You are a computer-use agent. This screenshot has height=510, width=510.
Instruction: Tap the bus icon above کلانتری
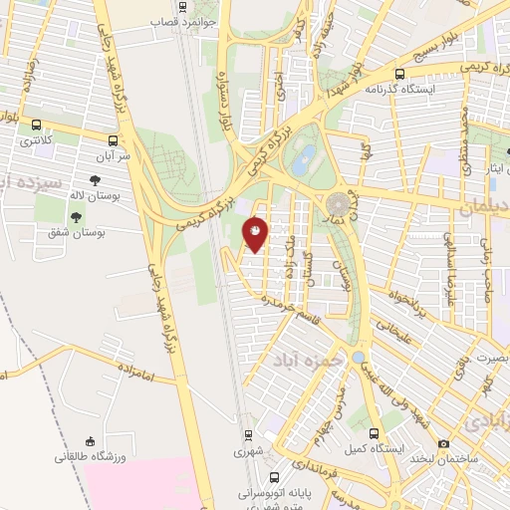37,126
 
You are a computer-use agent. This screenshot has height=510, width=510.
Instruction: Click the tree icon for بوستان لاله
95,181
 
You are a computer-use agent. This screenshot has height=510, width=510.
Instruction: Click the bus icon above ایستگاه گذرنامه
399,73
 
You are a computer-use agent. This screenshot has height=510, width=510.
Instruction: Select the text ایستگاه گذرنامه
399,88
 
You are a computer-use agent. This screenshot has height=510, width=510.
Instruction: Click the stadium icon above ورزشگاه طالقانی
91,441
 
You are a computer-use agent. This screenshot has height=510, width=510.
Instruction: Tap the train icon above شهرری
249,434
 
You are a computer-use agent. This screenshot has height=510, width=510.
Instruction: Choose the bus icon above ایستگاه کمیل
374,434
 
